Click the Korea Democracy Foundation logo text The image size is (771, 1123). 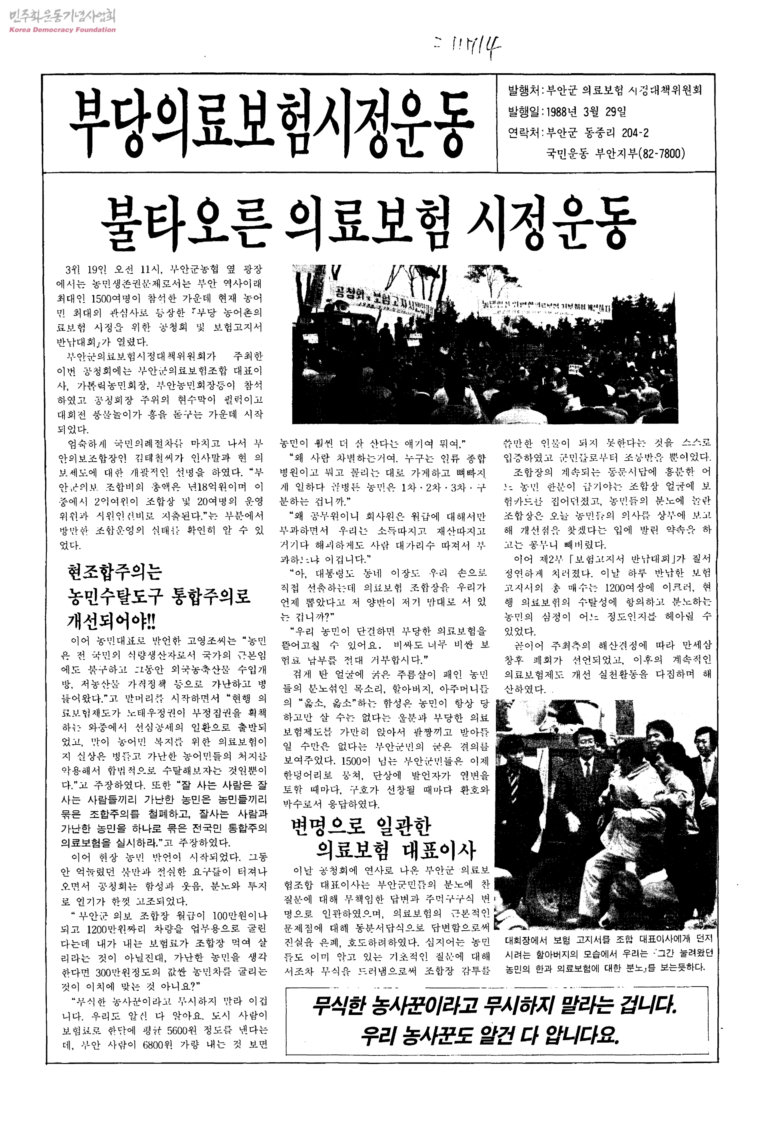coord(62,30)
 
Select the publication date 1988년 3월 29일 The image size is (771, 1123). coord(587,112)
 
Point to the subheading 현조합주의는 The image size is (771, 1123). coord(115,572)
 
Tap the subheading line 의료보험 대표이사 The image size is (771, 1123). coord(396,851)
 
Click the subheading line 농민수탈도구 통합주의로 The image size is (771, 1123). coord(160,596)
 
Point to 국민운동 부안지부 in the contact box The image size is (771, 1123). coord(592,154)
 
